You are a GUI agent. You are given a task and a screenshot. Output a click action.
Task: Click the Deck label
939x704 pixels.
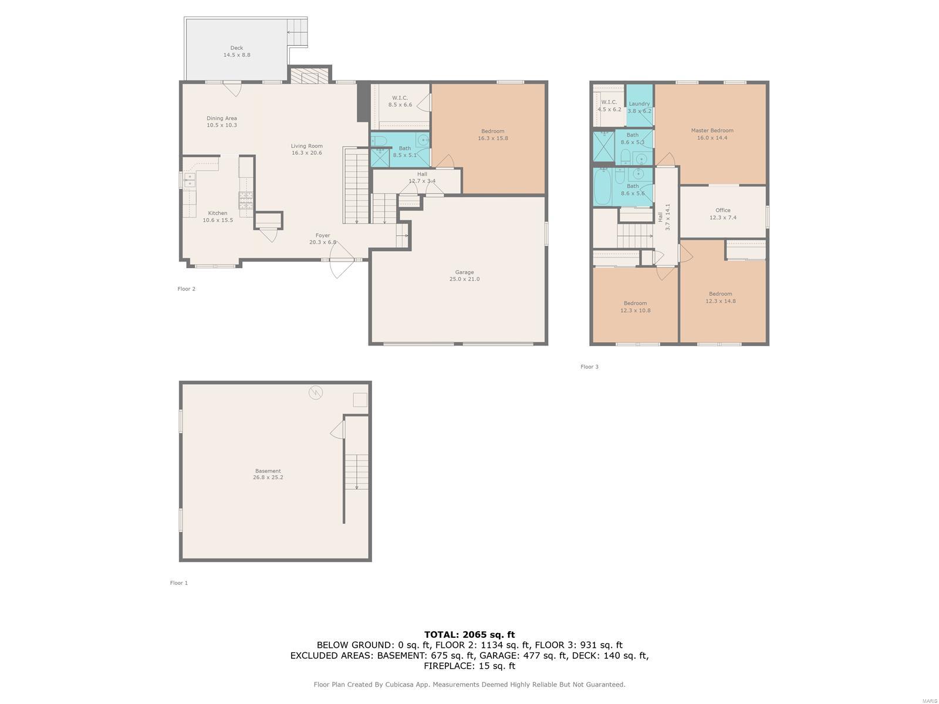[237, 48]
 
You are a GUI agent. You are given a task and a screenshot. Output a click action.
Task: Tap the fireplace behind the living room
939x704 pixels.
[310, 76]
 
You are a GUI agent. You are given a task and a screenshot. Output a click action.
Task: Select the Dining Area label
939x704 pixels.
[222, 118]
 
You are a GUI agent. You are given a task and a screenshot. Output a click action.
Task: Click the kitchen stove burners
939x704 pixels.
[245, 200]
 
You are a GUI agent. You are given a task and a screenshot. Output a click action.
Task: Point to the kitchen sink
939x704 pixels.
[190, 180]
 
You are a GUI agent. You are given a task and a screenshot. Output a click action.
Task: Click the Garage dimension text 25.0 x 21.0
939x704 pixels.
[464, 279]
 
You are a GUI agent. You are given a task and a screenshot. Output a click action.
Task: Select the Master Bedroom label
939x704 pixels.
[712, 130]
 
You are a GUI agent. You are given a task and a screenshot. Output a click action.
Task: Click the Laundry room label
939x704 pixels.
[639, 103]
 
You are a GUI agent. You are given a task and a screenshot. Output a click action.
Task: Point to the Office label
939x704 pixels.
[722, 210]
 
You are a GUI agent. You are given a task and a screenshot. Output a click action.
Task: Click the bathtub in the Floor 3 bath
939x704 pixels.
[603, 187]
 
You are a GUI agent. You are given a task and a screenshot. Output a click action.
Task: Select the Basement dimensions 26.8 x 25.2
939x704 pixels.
[268, 478]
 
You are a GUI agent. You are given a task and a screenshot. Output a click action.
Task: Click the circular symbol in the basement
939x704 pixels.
[316, 392]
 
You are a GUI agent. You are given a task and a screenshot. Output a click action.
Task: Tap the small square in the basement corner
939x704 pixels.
[360, 400]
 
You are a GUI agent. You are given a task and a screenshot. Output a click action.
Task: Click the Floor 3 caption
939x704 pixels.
[589, 367]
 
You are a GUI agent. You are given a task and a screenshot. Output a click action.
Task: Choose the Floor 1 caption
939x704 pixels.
[179, 583]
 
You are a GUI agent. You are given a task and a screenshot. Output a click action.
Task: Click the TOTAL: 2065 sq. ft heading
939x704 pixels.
[469, 634]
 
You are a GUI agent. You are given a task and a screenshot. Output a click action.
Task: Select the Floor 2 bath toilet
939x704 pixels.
[379, 141]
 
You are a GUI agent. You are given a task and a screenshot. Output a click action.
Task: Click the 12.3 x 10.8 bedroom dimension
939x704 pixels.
[635, 310]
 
